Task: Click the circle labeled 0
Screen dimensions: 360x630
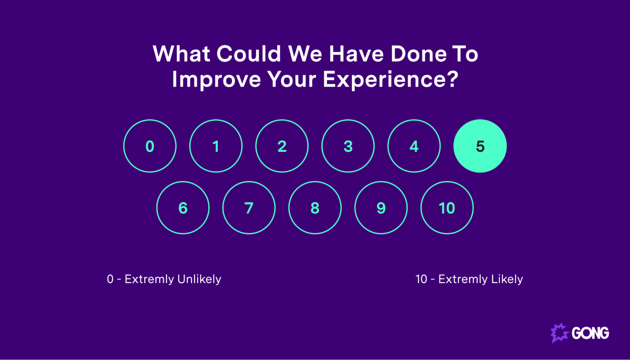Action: [x=150, y=146]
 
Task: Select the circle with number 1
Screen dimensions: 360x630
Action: [x=216, y=146]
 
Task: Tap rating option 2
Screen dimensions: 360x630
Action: [x=282, y=146]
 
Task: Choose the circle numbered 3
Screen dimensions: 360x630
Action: [x=348, y=146]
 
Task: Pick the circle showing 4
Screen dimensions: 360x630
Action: [x=414, y=146]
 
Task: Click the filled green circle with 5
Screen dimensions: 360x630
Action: [x=480, y=146]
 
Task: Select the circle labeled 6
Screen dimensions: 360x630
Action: [x=183, y=208]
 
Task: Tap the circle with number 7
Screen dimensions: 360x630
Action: [x=249, y=208]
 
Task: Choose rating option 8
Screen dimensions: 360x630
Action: [x=315, y=208]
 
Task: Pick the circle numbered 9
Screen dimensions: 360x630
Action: [x=381, y=208]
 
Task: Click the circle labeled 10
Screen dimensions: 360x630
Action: [x=447, y=208]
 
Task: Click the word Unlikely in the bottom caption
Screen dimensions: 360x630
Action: [x=199, y=279]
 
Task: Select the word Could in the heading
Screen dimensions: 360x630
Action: [x=249, y=54]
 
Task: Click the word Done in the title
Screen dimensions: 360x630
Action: [x=419, y=54]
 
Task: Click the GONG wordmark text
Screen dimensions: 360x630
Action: [x=590, y=333]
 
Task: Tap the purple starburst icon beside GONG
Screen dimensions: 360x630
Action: [x=559, y=333]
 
